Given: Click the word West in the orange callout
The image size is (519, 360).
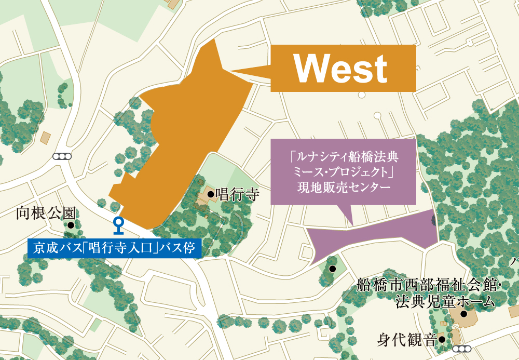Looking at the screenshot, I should (x=342, y=68).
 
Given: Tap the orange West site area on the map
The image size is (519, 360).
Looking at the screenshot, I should (x=182, y=140).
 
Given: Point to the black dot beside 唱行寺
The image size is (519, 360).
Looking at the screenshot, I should (x=210, y=195).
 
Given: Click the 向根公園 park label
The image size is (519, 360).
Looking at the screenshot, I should (x=46, y=212).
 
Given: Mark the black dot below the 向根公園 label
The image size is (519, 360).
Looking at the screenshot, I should (x=70, y=225).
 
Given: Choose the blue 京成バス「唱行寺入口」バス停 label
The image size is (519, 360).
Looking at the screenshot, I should (x=114, y=248).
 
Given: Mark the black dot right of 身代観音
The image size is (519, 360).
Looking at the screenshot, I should (x=441, y=340).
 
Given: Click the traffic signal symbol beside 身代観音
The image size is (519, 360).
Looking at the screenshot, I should (x=461, y=349).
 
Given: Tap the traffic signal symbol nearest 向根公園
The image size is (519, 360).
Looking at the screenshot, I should (x=61, y=156).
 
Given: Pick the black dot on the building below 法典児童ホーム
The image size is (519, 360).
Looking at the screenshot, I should (x=463, y=314).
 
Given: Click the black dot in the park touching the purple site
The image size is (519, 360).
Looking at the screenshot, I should (x=332, y=269).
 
